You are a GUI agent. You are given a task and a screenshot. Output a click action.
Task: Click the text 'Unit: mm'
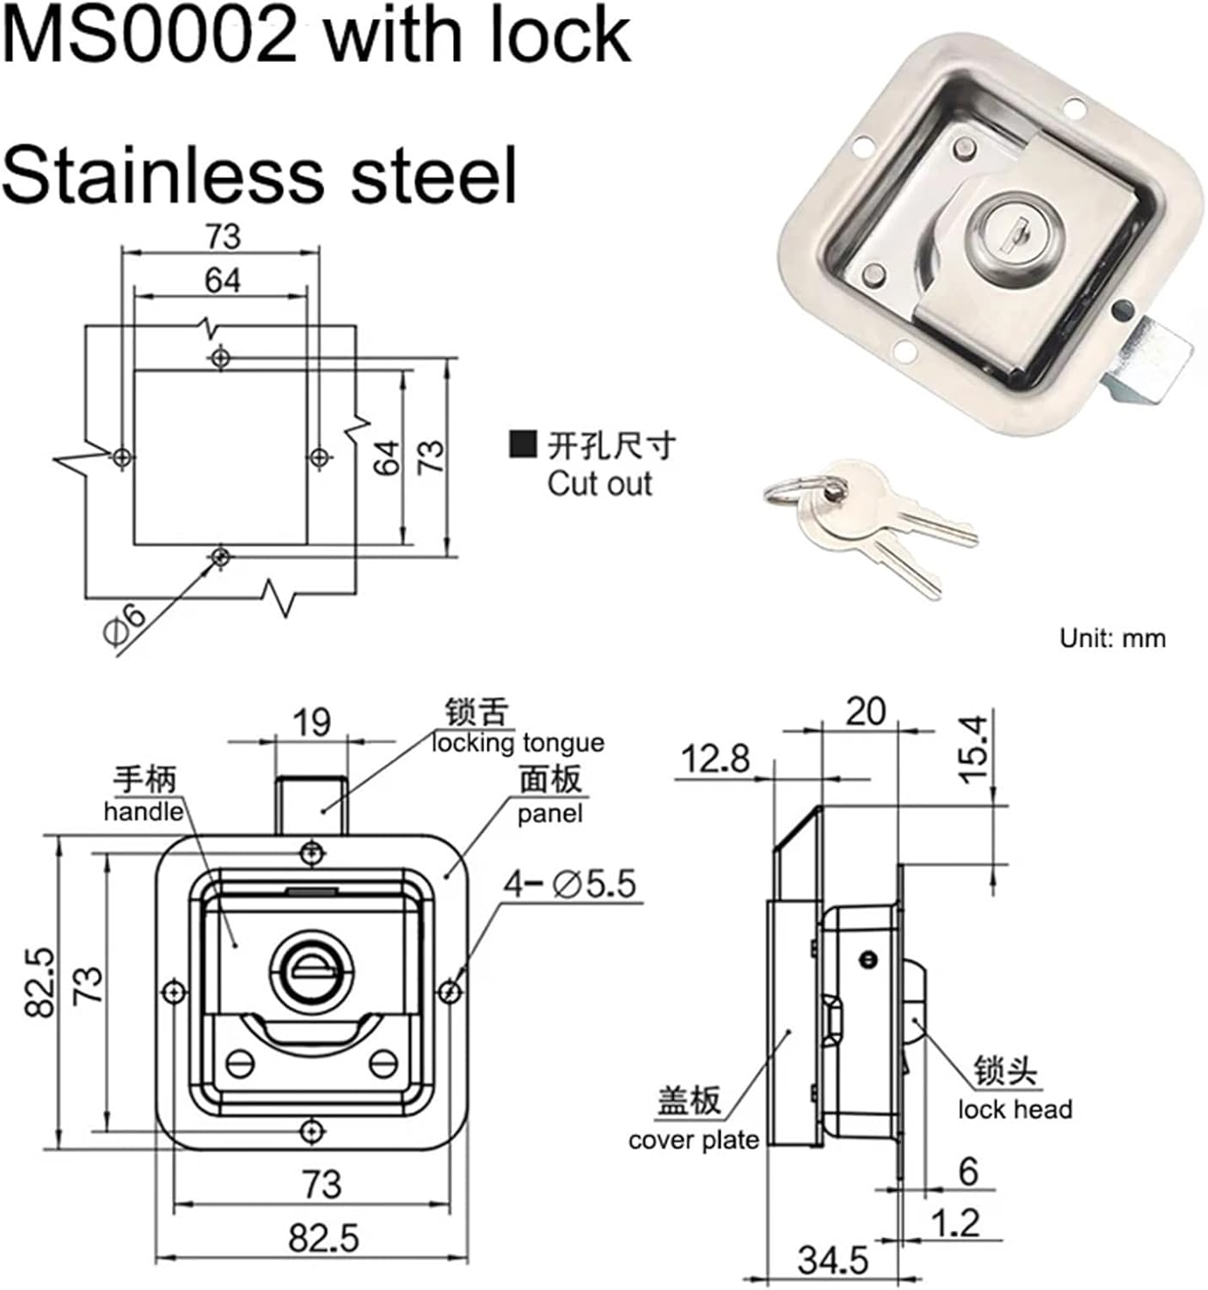tap(1112, 638)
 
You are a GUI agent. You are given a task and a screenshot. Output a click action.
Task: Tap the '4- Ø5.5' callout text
tap(569, 883)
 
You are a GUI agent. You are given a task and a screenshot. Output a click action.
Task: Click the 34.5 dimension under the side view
tap(832, 1260)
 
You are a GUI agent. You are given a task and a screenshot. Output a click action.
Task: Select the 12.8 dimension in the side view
tap(714, 759)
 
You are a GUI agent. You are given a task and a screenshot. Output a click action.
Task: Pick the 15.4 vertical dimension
tap(976, 748)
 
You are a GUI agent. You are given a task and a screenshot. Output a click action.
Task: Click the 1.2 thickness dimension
tap(956, 1222)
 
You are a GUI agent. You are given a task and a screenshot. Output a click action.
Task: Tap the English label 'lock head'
tap(1015, 1109)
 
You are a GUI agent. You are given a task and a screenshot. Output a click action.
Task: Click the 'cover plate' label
tap(693, 1140)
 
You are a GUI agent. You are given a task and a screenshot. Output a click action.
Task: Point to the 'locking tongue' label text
tap(518, 743)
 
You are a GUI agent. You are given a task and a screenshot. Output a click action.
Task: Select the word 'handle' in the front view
tap(144, 811)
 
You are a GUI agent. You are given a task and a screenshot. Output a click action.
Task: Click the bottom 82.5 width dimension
tap(323, 1238)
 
